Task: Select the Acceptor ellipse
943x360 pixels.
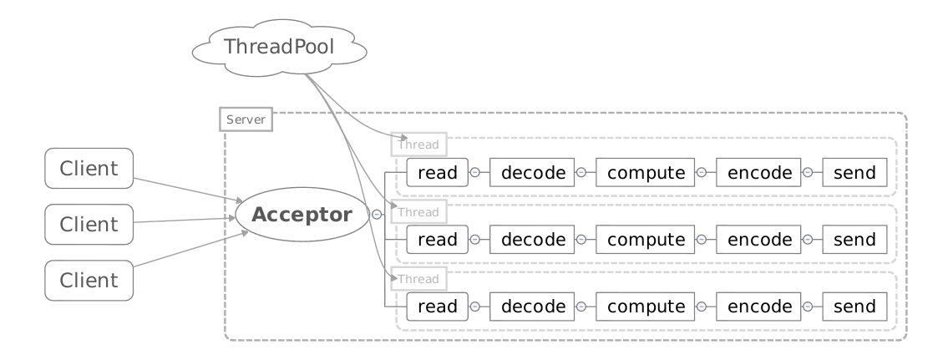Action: coord(302,214)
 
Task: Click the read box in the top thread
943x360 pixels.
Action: coord(437,173)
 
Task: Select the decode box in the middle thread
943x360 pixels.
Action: coord(532,240)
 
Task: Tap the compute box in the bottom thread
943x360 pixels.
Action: coord(646,307)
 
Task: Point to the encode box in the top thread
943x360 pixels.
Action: coord(759,173)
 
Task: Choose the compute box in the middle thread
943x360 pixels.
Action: coord(646,240)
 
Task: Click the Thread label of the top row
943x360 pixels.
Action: coord(419,145)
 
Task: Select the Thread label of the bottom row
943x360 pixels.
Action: coord(419,278)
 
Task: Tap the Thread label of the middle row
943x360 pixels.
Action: coord(419,211)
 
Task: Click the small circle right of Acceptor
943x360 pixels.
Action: coord(377,214)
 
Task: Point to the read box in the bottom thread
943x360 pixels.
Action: coord(437,307)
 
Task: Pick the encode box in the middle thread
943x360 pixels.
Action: coord(759,240)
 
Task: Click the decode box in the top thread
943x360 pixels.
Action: coord(532,173)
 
